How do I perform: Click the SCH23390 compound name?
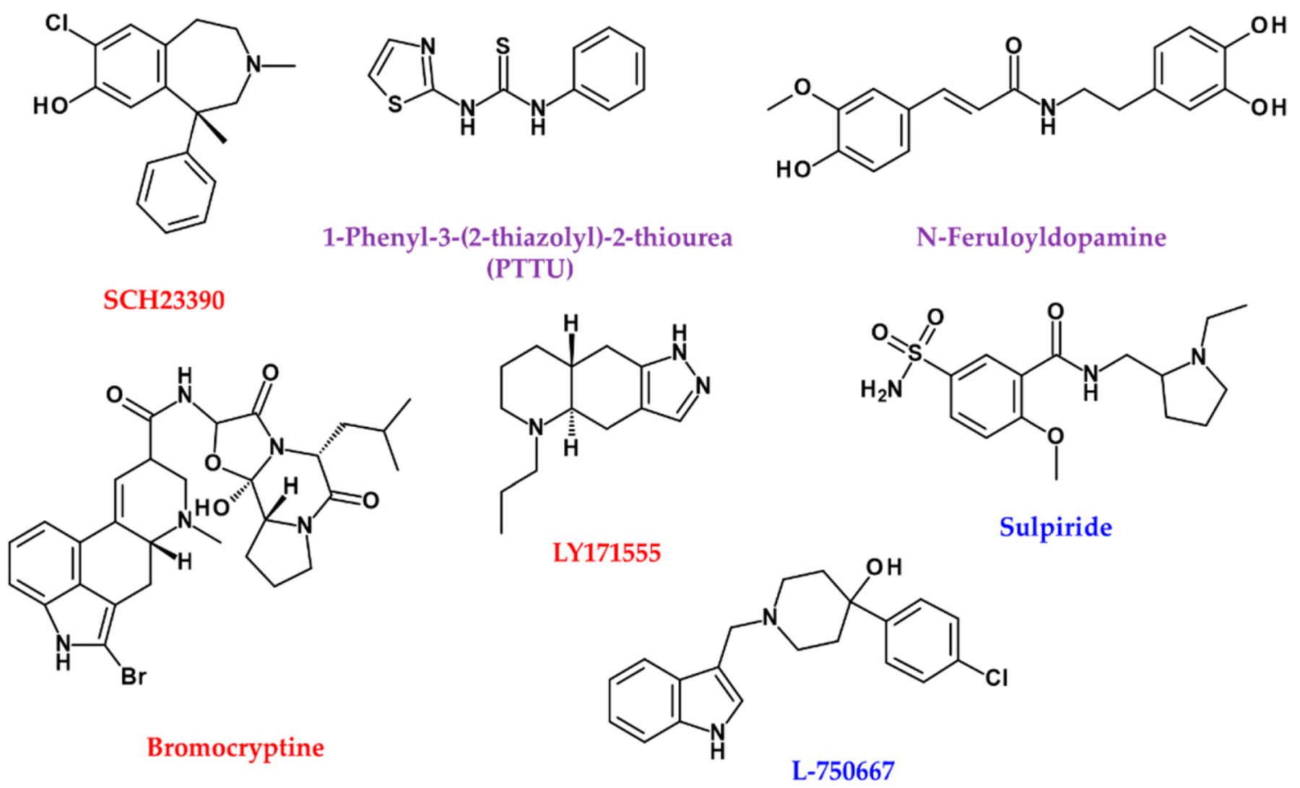(x=164, y=300)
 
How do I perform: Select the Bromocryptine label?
(x=235, y=747)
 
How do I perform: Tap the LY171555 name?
(x=607, y=553)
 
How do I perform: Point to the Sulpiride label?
(x=1055, y=527)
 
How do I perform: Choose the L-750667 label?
(x=843, y=771)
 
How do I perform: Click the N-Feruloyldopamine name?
(x=1041, y=237)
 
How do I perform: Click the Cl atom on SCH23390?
(x=57, y=23)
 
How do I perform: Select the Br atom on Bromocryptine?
(x=134, y=677)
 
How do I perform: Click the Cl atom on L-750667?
(x=996, y=677)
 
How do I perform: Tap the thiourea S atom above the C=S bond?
(x=503, y=47)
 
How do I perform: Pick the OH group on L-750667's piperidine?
(x=884, y=567)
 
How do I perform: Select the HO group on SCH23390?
(x=51, y=106)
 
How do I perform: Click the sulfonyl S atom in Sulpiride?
(x=915, y=352)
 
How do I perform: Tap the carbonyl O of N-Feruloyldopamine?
(x=1013, y=46)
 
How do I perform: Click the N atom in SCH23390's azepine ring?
(x=253, y=65)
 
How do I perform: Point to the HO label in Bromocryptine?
(x=212, y=508)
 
